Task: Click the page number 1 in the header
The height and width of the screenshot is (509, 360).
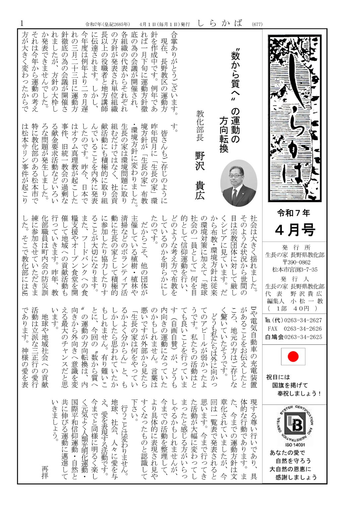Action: pos(22,23)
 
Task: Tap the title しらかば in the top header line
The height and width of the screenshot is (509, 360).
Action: pos(220,23)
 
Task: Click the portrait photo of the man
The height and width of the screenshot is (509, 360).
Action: pos(239,183)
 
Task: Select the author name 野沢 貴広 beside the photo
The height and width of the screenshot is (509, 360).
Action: pos(200,175)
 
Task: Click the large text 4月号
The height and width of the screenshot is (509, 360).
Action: pos(294,230)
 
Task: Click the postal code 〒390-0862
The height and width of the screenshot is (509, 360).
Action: pos(294,262)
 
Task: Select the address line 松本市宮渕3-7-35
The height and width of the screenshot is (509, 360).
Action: pos(294,269)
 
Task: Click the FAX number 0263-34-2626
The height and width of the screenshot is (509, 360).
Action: pos(302,328)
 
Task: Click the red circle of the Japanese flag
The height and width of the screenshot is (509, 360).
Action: pos(293,357)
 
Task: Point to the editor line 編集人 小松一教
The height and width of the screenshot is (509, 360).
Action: pos(294,301)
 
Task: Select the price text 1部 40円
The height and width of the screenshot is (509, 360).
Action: pos(294,308)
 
